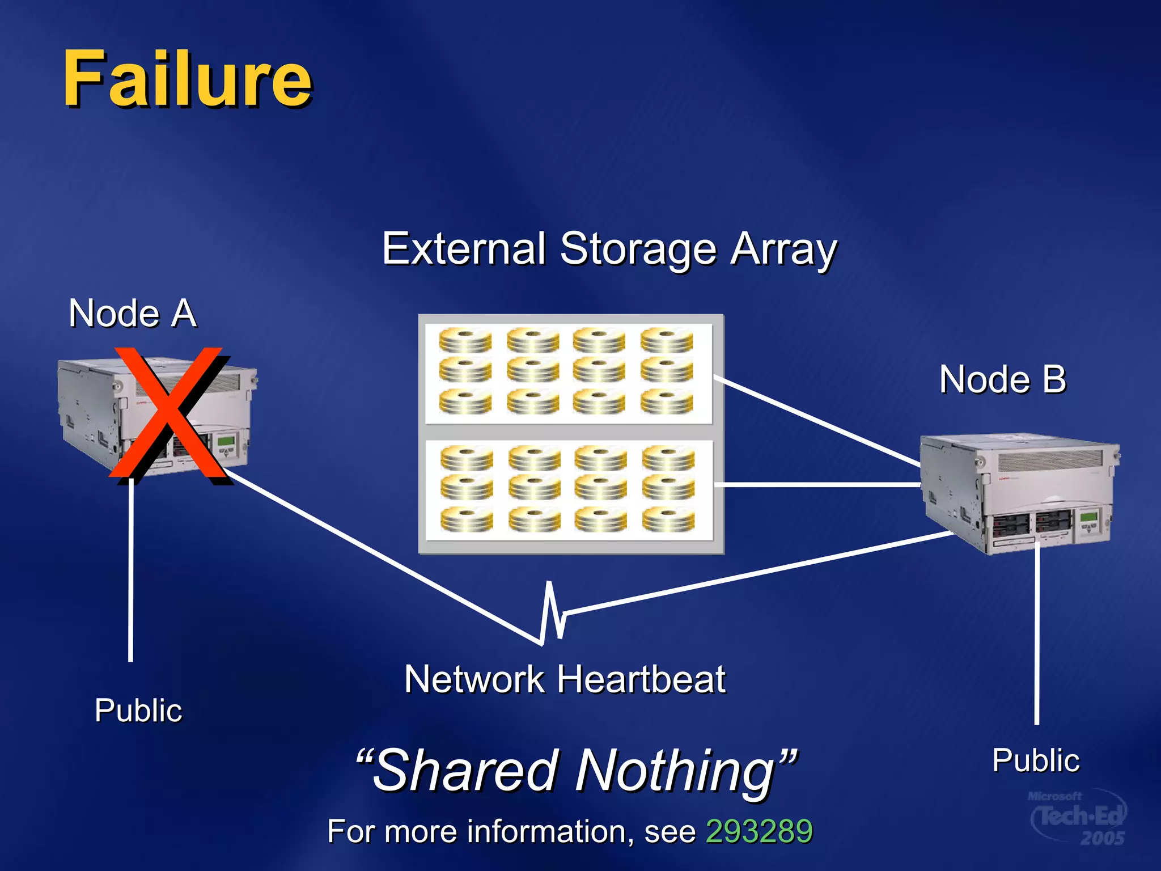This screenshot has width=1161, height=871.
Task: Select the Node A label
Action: pyautogui.click(x=133, y=313)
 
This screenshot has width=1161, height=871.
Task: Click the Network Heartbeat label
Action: pyautogui.click(x=565, y=679)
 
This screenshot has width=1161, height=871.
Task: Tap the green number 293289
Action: pyautogui.click(x=759, y=831)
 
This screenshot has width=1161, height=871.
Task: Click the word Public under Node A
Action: pyautogui.click(x=138, y=710)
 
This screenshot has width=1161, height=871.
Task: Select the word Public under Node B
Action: pyautogui.click(x=1036, y=760)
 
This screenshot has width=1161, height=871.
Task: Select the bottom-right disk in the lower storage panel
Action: pyautogui.click(x=668, y=519)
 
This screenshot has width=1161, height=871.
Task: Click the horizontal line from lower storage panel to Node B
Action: pyautogui.click(x=816, y=485)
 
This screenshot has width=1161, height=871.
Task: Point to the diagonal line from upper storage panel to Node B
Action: pyautogui.click(x=816, y=420)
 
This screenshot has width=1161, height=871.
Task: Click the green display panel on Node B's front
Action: pyautogui.click(x=1089, y=517)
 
